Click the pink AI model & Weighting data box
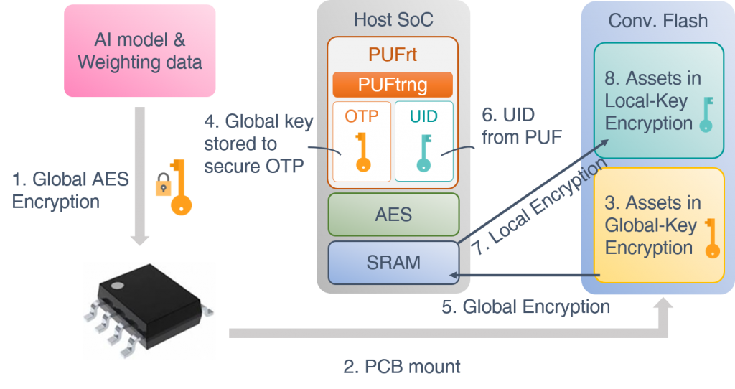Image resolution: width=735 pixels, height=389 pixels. (x=139, y=50)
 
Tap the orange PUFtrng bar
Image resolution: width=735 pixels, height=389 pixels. (x=393, y=85)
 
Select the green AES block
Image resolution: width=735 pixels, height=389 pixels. (x=393, y=214)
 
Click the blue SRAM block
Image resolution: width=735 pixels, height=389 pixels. (x=393, y=263)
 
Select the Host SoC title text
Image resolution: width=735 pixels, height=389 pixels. (x=393, y=19)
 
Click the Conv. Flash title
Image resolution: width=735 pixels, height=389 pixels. (x=657, y=20)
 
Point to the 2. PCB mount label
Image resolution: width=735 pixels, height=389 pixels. (x=402, y=367)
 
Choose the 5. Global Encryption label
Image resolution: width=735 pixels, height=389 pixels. (x=525, y=307)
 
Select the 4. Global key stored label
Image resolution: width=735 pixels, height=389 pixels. (x=258, y=144)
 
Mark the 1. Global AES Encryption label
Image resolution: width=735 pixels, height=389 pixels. (x=70, y=189)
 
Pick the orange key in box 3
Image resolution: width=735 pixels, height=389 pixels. (x=711, y=238)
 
